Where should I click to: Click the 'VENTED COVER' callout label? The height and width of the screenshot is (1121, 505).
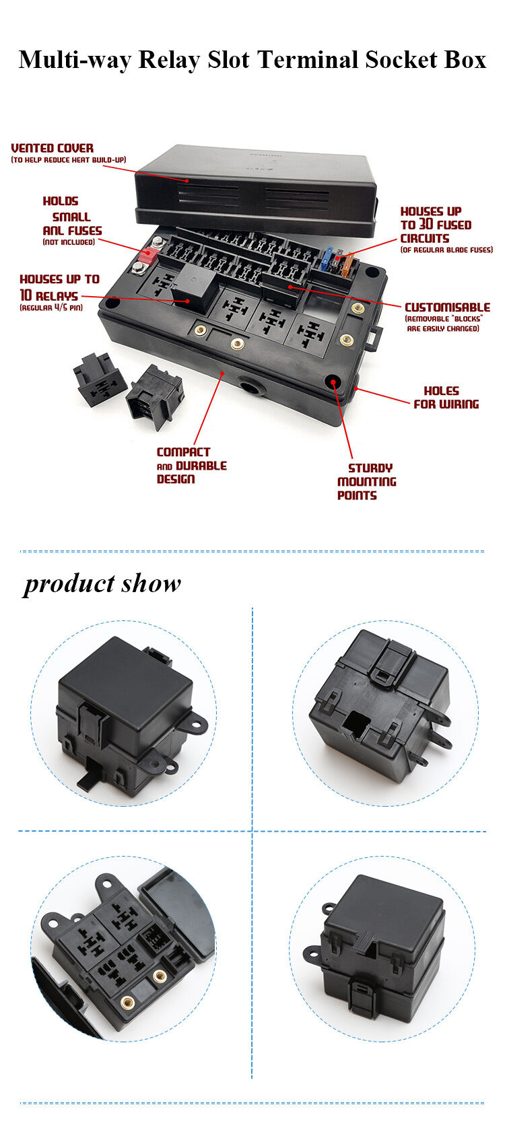tap(53, 148)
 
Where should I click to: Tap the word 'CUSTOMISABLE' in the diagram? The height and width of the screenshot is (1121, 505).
tap(446, 307)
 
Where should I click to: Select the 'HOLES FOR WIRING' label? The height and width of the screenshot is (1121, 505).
tap(445, 398)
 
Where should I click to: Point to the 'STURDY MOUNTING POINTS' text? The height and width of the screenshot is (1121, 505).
tap(366, 482)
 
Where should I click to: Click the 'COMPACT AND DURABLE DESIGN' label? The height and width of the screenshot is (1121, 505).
tap(191, 466)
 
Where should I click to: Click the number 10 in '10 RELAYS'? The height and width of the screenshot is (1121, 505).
tap(26, 295)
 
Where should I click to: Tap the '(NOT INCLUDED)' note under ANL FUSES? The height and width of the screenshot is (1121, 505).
tap(69, 242)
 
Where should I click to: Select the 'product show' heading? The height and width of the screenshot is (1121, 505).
tap(102, 583)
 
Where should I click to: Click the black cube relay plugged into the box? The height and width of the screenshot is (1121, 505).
tap(193, 285)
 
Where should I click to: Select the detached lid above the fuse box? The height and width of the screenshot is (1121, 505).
tap(256, 188)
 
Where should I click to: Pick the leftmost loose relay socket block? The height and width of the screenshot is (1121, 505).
tap(99, 378)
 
